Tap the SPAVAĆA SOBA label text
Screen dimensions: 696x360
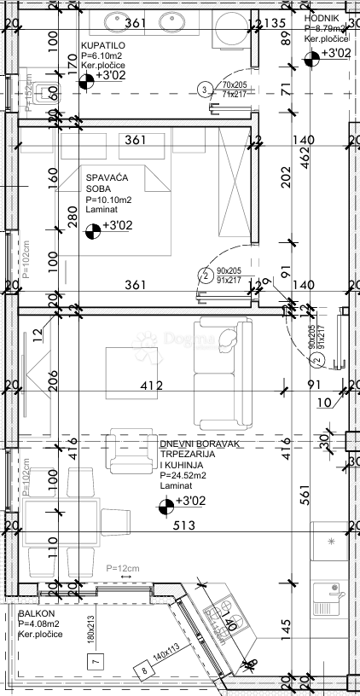click(103, 183)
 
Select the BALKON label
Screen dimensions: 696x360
click(37, 612)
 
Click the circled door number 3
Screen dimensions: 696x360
click(204, 89)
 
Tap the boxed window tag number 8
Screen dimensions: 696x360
click(145, 671)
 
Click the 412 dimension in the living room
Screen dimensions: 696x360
click(153, 386)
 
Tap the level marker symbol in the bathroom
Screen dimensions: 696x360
click(86, 82)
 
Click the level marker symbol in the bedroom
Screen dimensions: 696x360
click(92, 228)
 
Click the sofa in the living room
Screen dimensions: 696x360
click(223, 372)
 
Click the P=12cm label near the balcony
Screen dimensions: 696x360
click(123, 568)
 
